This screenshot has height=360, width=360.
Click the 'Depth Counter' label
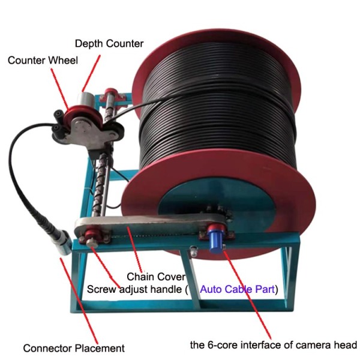[110, 44]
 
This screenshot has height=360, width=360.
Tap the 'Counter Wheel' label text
[42, 61]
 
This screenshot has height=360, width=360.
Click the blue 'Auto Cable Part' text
[237, 289]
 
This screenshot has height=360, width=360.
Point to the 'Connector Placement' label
[74, 348]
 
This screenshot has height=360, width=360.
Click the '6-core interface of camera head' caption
[274, 345]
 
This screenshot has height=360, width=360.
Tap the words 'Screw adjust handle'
[134, 289]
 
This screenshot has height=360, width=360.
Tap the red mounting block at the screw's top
[112, 95]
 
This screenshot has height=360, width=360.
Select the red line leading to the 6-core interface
[246, 288]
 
